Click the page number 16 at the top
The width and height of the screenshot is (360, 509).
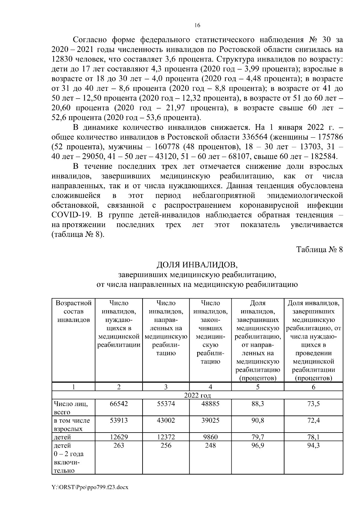197,25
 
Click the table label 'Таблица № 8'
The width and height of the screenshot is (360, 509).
319,250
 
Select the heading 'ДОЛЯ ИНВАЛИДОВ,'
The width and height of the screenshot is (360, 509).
197,265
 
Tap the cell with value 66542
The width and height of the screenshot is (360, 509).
119,404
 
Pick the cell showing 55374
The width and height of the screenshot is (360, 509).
166,404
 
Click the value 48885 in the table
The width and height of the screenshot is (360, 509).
210,404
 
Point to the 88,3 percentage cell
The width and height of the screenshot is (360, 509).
258,404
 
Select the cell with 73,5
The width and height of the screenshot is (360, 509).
313,404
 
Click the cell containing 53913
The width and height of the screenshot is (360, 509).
119,421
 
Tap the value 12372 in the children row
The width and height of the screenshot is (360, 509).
166,437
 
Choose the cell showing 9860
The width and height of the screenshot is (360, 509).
210,437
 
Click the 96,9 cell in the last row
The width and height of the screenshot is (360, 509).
258,446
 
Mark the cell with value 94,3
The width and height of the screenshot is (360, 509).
313,446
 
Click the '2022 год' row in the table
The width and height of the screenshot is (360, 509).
197,395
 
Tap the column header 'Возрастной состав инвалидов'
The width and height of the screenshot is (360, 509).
73,311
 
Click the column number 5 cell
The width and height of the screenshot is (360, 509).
258,387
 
